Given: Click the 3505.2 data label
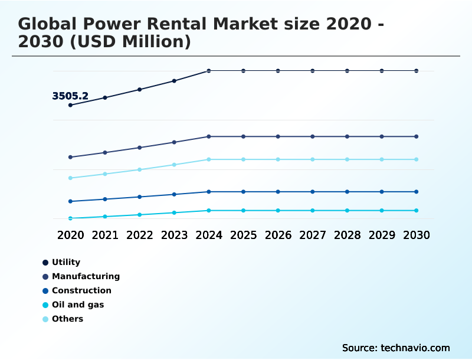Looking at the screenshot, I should (70, 96).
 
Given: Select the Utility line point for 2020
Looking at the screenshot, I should (70, 105).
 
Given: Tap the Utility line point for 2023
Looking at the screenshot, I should (174, 81).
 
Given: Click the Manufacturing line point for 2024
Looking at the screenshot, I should (209, 136).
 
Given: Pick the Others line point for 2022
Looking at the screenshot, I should (140, 169).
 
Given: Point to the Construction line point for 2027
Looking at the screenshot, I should (313, 192).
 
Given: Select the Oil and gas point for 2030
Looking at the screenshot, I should (417, 211).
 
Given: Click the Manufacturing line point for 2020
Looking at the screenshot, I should (70, 157).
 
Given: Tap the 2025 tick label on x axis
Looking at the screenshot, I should (243, 235).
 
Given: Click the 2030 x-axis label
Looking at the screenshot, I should (417, 235).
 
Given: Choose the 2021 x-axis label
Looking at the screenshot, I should (105, 235).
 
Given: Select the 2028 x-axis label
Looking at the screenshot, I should (347, 235).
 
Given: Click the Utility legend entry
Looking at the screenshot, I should (65, 262).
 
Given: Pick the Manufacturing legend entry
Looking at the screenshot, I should (86, 276).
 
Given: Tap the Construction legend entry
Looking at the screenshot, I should (81, 290).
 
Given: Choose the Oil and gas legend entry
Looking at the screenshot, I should (78, 305).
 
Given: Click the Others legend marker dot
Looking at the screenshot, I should (45, 319).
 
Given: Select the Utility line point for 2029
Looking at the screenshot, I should (382, 71).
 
